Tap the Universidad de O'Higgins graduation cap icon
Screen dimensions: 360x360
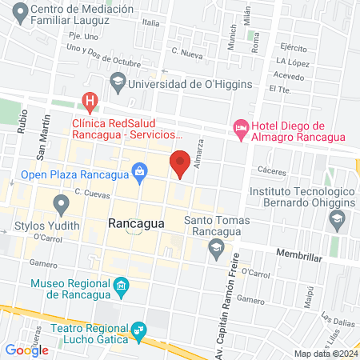pyautogui.click(x=118, y=82)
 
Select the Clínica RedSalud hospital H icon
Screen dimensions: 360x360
pyautogui.click(x=90, y=102)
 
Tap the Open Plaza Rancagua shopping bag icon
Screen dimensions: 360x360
pyautogui.click(x=140, y=170)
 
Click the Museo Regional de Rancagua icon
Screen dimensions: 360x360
pyautogui.click(x=121, y=286)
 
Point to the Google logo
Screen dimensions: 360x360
pyautogui.click(x=26, y=350)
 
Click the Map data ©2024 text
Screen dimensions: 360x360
pyautogui.click(x=325, y=353)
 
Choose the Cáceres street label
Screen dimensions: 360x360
pyautogui.click(x=273, y=170)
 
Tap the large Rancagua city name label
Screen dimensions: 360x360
pyautogui.click(x=135, y=224)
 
